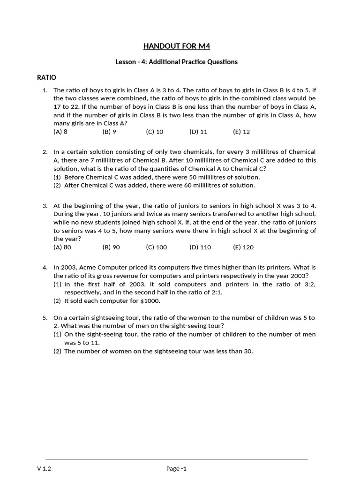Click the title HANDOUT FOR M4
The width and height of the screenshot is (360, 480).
point(180,45)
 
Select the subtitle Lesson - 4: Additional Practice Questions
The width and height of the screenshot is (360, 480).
point(177,62)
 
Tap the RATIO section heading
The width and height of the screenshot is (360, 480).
point(46,77)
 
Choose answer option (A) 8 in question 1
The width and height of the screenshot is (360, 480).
point(60,132)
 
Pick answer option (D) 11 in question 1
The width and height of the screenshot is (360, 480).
point(198,132)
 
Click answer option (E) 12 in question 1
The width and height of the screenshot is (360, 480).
point(241,132)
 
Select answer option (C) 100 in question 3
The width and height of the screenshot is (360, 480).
point(156,247)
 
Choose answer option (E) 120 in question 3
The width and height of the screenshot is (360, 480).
point(243,247)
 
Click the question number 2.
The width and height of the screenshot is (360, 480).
point(45,152)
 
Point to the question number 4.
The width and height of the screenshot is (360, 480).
point(45,267)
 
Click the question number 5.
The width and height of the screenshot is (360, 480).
point(45,318)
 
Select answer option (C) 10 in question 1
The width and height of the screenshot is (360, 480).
point(155,132)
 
